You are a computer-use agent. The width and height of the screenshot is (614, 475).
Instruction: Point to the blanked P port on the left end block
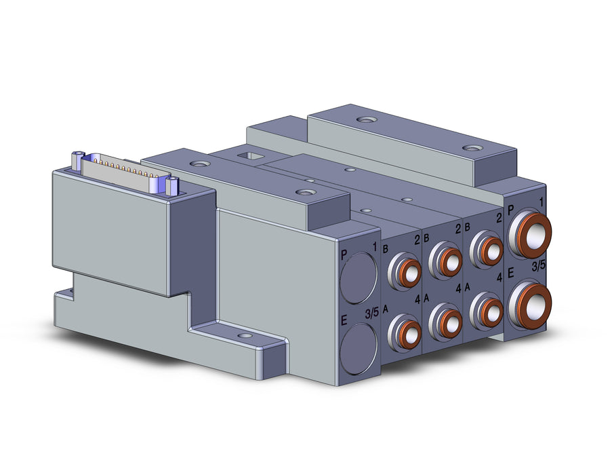[x=359, y=278]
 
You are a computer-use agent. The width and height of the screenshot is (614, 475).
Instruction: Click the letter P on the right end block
[x=510, y=210]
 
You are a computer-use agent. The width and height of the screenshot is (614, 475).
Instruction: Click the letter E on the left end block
[x=344, y=320]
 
